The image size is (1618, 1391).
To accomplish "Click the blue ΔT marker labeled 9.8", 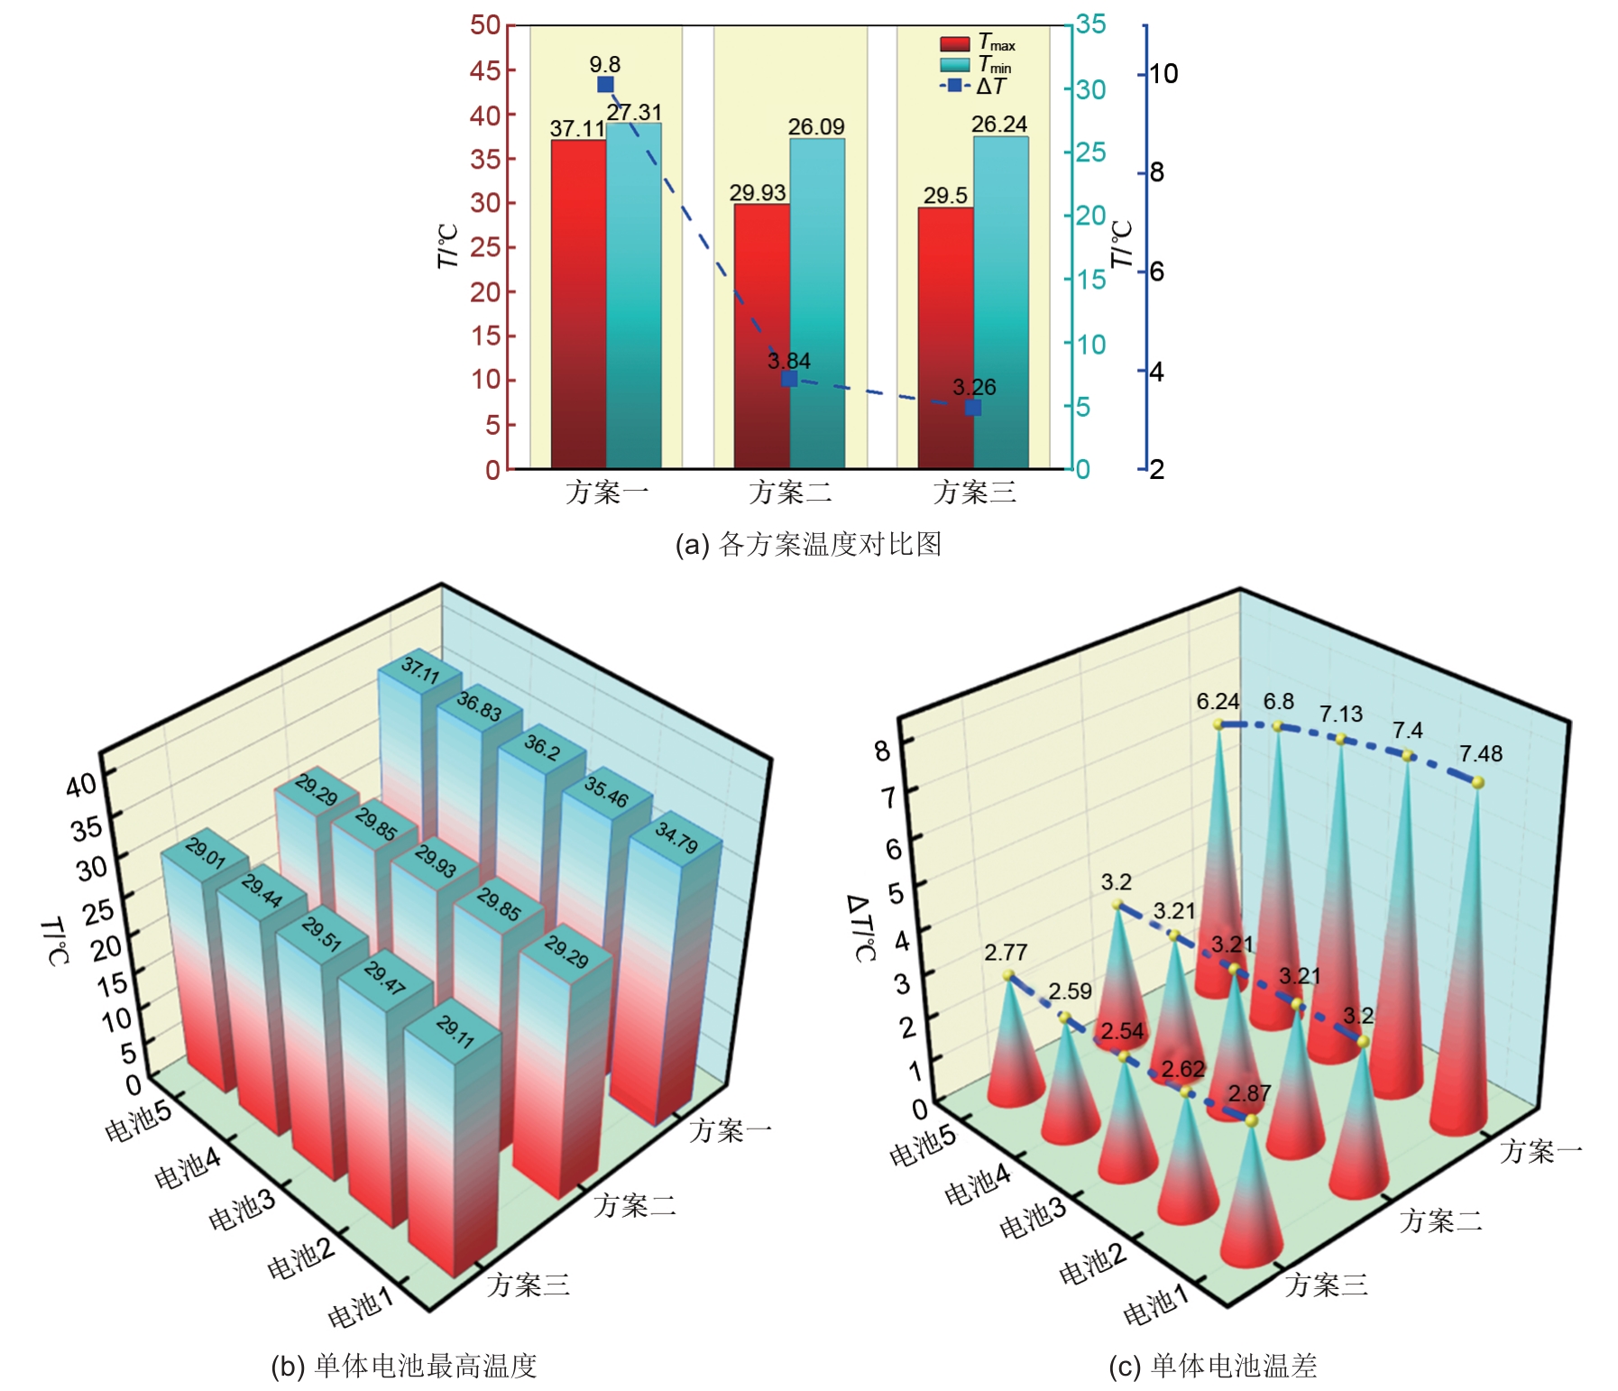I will [605, 85].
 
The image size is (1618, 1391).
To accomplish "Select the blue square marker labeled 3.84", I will [789, 379].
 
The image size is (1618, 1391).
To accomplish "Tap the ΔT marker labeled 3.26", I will [973, 408].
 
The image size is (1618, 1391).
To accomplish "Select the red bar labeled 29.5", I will [945, 337].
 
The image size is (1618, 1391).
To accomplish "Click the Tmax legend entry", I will [978, 43].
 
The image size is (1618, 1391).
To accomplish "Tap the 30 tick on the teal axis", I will [1090, 89].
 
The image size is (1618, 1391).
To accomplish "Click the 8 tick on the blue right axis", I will [1157, 172].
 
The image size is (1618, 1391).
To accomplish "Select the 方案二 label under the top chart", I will [790, 493].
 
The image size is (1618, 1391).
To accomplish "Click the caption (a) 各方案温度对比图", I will [808, 544].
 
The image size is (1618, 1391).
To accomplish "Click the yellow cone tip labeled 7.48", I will [1477, 782].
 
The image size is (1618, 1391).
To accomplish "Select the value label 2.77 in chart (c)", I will [1006, 953].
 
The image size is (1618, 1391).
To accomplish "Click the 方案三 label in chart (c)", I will [1326, 1284].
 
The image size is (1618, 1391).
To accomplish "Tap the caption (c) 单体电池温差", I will [1212, 1366].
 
